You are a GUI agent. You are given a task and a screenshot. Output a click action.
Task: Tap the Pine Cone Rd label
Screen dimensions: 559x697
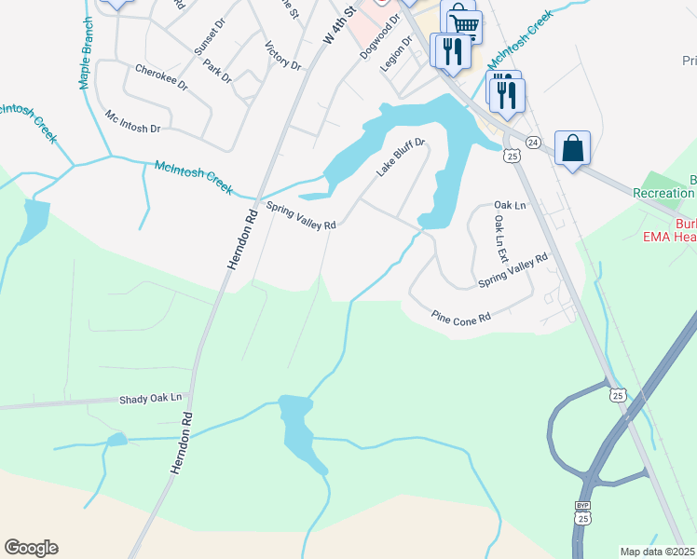point(460,318)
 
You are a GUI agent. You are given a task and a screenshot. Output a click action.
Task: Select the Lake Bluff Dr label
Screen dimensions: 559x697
point(401,157)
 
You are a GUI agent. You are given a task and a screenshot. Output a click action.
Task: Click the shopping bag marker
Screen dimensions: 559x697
point(572,148)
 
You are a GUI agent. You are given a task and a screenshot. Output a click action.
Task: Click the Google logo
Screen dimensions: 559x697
point(31,548)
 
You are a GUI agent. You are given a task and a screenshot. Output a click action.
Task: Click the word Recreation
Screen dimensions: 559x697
point(663,193)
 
